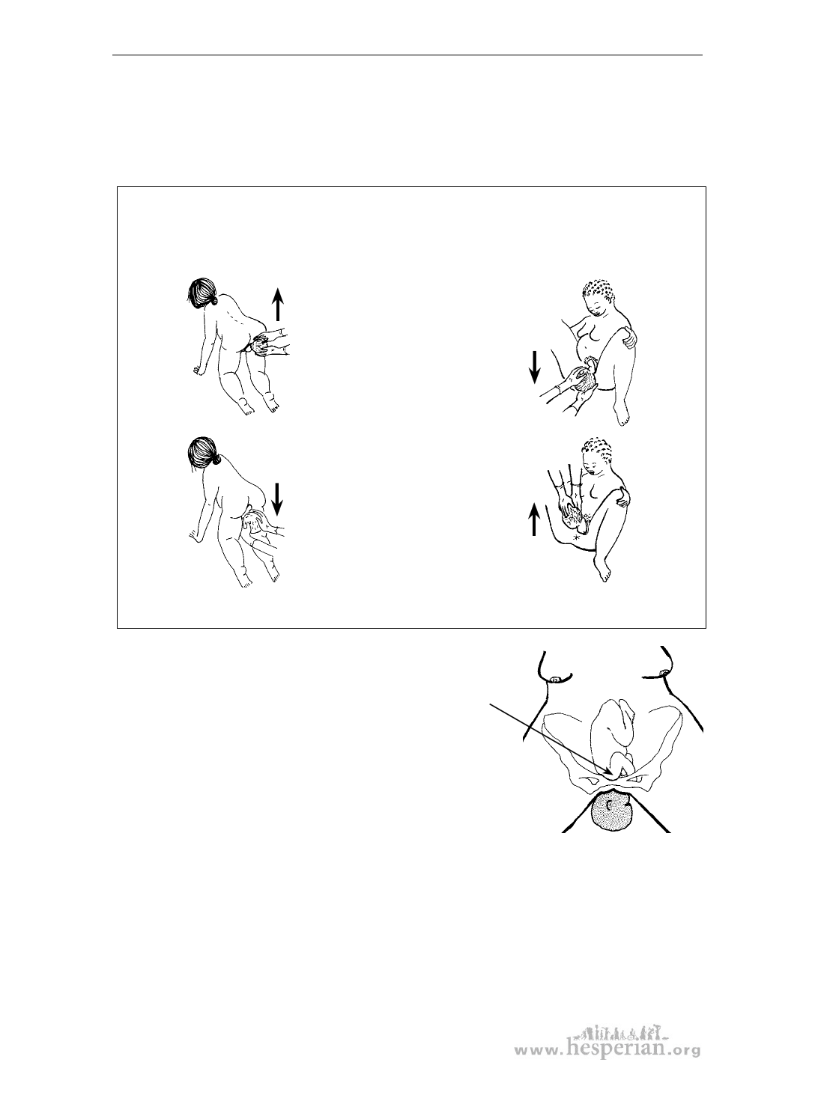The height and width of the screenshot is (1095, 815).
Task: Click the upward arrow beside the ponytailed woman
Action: [x=278, y=305]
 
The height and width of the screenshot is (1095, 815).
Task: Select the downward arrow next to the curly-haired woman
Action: [x=534, y=367]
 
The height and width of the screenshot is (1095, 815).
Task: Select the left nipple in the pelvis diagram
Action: [x=556, y=680]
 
